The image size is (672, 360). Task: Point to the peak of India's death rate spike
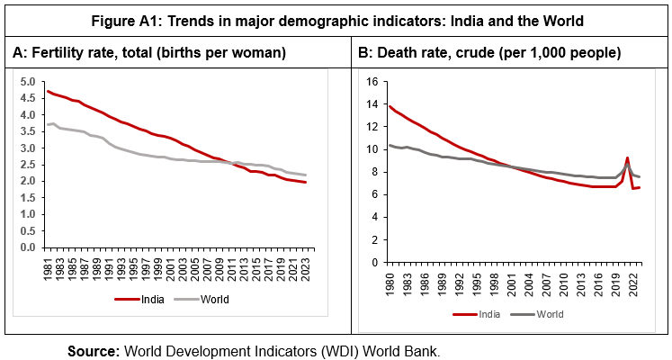pyautogui.click(x=627, y=157)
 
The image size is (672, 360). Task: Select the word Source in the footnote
pyautogui.click(x=94, y=350)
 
